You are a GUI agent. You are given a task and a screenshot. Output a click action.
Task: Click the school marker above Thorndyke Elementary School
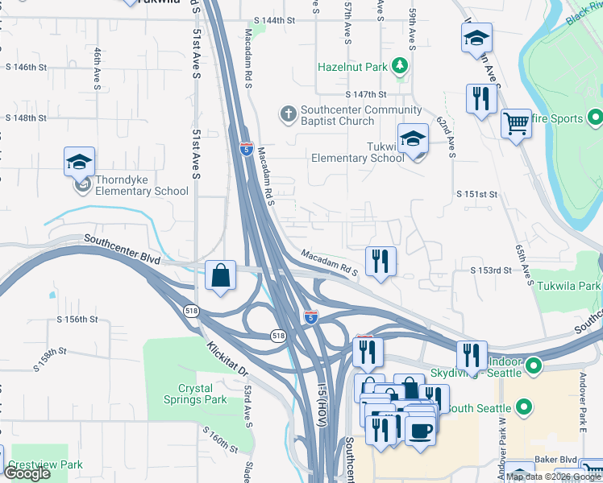(x=80, y=163)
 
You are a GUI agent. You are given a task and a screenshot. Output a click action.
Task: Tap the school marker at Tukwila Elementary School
(x=413, y=139)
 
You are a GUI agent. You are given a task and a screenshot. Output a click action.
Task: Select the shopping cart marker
(x=516, y=124)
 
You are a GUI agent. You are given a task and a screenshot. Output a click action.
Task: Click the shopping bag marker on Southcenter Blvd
(x=220, y=275)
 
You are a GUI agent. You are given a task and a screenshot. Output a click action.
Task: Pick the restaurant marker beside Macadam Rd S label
(x=380, y=261)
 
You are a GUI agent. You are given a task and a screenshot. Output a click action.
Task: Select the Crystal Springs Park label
(x=202, y=393)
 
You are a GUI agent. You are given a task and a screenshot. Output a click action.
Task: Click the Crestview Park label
(x=46, y=464)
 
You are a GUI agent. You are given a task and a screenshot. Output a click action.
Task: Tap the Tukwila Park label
(x=569, y=286)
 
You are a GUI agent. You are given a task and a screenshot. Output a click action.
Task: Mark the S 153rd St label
(x=491, y=270)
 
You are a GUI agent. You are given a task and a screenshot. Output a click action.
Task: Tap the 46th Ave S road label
(x=97, y=69)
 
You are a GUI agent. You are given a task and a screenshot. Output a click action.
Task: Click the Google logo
(x=27, y=473)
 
